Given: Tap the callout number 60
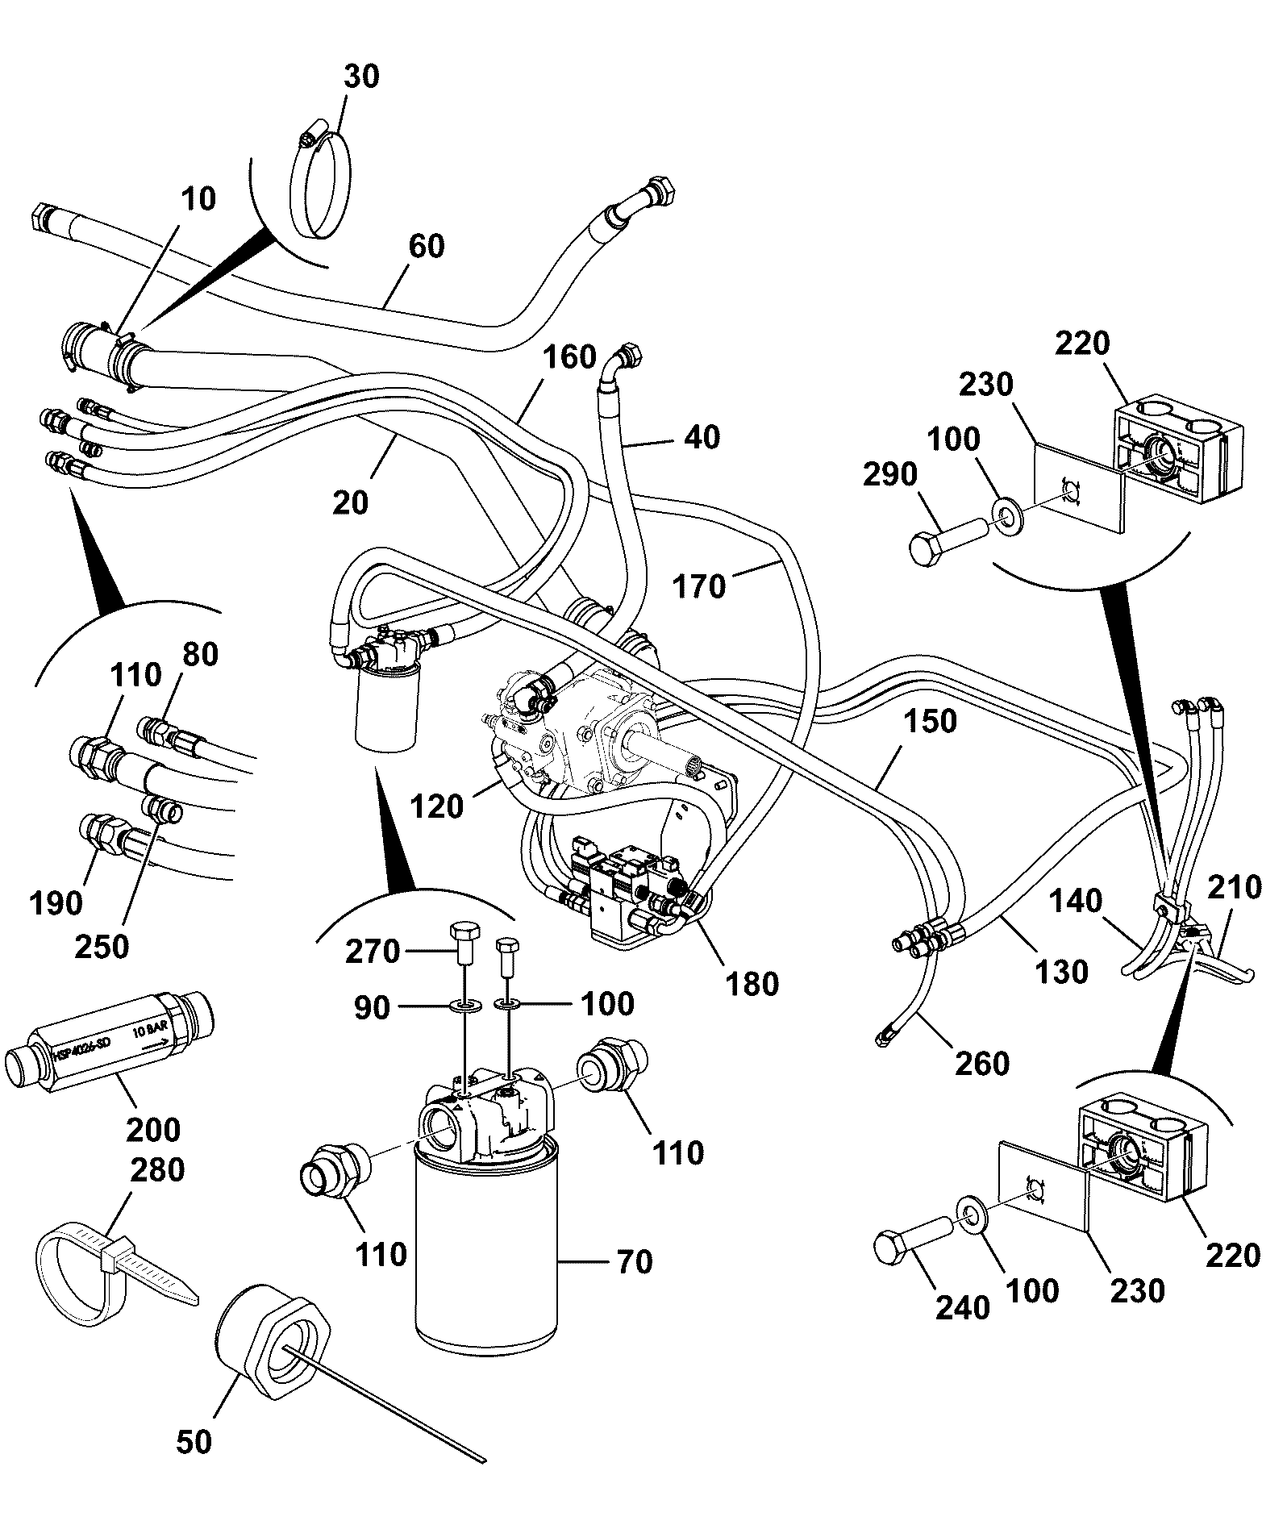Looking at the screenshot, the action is [x=426, y=246].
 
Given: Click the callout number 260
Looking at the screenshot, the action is [x=982, y=1063].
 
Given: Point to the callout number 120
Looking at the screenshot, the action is [x=436, y=806].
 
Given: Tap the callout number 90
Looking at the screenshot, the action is [x=373, y=1008].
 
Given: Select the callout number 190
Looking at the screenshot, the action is [x=55, y=904].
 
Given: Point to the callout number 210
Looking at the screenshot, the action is [x=1234, y=888].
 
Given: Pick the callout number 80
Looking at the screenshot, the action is [x=200, y=654].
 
